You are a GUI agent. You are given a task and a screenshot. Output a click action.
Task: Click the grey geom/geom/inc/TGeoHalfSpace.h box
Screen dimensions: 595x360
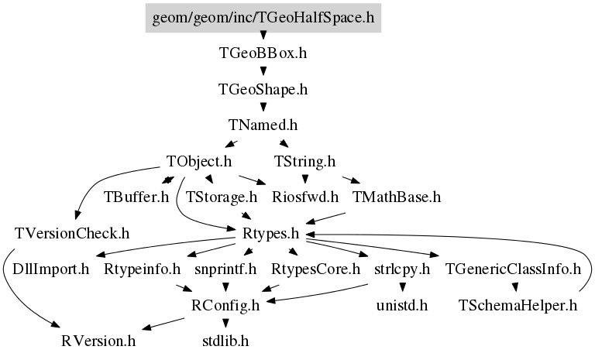pos(263,18)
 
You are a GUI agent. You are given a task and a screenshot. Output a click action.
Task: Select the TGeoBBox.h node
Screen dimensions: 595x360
pos(263,53)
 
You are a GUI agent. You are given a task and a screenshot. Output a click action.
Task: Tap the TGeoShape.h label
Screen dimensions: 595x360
pos(263,90)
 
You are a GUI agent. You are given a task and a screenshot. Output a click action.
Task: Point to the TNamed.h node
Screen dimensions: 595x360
pos(263,125)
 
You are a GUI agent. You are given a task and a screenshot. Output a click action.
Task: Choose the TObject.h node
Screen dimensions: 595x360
pos(199,162)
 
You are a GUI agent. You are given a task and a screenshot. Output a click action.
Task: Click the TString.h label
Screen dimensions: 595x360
pos(305,162)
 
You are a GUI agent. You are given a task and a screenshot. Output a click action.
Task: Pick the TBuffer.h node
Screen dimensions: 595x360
pos(136,197)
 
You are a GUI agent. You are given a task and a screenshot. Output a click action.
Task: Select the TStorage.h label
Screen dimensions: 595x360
pos(222,197)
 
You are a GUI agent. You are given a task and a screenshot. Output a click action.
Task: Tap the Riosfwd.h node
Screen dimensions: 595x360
pos(305,197)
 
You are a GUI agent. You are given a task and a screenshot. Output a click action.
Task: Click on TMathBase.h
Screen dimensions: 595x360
pos(397,197)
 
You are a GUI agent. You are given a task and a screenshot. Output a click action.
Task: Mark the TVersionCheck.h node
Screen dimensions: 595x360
pos(72,233)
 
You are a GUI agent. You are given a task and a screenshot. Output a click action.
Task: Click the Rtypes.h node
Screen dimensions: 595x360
pos(271,233)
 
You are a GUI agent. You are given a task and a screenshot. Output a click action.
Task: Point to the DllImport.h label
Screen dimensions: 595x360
pos(50,269)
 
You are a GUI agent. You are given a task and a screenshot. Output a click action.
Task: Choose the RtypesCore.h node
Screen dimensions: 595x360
pos(315,269)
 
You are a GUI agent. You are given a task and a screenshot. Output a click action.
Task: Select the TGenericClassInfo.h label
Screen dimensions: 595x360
pos(513,269)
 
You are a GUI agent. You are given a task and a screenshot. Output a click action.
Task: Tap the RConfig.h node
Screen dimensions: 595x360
pos(225,305)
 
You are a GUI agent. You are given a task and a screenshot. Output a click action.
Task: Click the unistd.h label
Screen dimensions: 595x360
pos(402,305)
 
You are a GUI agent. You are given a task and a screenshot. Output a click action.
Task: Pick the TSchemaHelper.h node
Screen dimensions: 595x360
pos(518,305)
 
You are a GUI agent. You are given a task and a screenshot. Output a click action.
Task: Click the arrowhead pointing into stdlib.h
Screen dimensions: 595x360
pos(225,323)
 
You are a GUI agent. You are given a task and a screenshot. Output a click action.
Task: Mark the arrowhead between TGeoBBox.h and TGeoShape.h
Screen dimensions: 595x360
pos(263,71)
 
